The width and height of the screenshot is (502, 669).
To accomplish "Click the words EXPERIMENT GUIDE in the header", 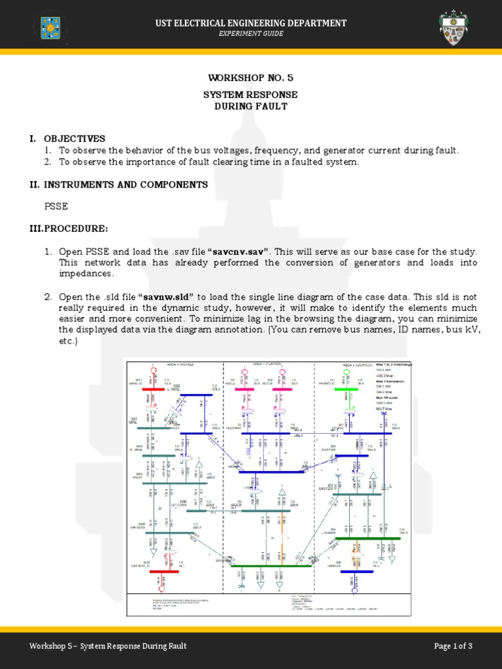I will (x=251, y=34).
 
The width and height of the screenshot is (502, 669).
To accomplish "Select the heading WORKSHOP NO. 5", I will (x=251, y=78).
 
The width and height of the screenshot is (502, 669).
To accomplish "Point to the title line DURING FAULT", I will (x=251, y=106).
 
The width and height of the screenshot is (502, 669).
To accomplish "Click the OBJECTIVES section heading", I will (x=74, y=139).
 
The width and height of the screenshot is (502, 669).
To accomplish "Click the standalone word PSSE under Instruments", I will (x=56, y=206).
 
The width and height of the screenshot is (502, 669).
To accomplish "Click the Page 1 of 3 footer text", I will (x=453, y=646).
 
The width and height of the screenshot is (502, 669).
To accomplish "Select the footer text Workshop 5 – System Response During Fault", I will (x=108, y=646).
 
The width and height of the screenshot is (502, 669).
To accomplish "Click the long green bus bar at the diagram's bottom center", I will (x=271, y=566).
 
